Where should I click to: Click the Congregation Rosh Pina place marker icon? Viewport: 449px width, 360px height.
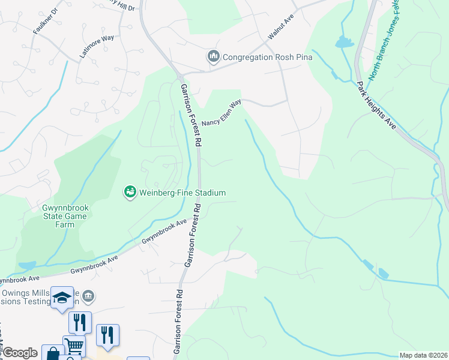[213, 58]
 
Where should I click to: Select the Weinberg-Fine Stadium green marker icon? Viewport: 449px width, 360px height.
[129, 193]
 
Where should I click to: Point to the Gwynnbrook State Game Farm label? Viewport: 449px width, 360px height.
[66, 216]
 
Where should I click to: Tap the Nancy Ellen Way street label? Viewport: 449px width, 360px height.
[221, 113]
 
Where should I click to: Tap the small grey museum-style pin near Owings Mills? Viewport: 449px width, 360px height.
[88, 296]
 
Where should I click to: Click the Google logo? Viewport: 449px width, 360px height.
[19, 353]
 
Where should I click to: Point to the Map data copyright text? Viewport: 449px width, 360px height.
[424, 355]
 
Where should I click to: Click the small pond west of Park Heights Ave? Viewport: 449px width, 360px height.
[344, 42]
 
